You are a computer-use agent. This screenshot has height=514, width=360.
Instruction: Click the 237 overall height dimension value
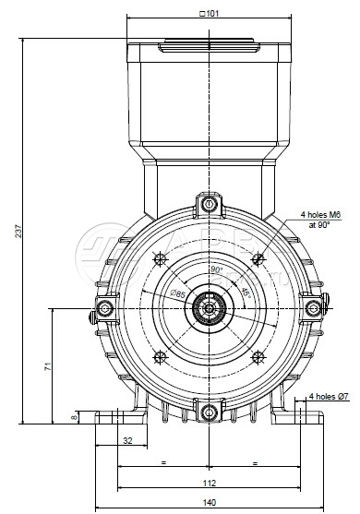click(18, 231)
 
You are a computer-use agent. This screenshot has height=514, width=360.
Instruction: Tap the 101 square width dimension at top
click(209, 14)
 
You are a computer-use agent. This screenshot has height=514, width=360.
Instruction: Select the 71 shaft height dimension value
click(48, 366)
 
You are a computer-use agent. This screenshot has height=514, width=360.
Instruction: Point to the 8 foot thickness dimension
click(75, 417)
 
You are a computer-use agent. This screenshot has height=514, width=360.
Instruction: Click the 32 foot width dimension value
click(127, 440)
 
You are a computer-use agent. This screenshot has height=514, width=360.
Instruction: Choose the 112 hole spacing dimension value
click(210, 484)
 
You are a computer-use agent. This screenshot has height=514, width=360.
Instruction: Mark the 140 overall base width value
click(210, 502)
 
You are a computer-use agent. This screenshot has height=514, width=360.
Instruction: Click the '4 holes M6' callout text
click(320, 215)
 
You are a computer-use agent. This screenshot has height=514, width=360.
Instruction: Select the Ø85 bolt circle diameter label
click(178, 293)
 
